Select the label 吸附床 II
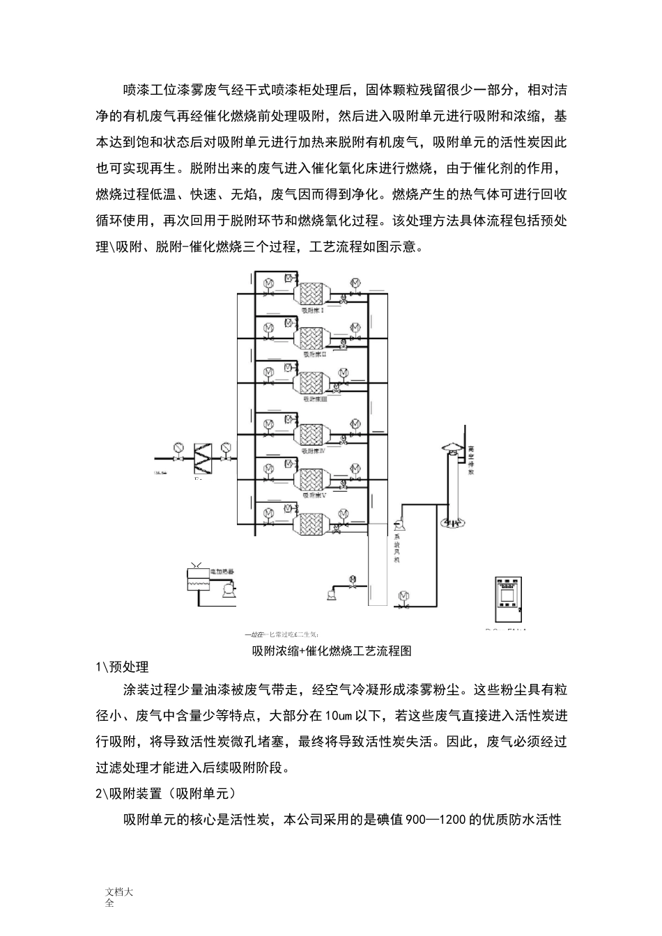coord(315,354)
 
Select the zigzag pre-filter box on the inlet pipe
coord(202,457)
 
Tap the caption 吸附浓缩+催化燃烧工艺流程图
coord(332,651)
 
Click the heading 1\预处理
coord(122,667)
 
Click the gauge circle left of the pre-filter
coord(179,446)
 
